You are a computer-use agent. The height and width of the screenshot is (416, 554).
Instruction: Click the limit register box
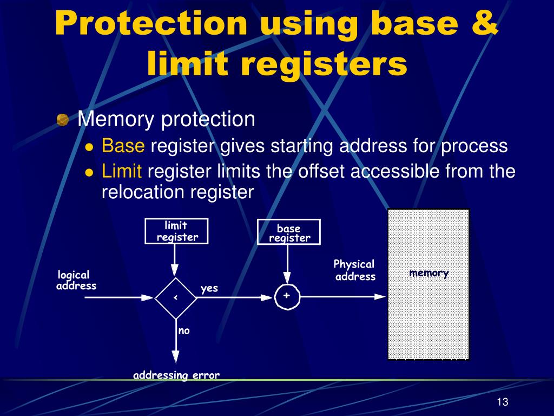[177, 231]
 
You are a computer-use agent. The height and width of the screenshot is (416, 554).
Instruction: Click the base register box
[289, 233]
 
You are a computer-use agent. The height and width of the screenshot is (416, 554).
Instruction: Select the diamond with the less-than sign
[175, 297]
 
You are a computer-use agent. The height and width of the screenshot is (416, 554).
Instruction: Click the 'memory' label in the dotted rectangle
[428, 273]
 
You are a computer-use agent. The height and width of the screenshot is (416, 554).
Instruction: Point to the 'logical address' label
[76, 281]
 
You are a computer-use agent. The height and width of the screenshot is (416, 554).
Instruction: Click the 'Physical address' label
[354, 270]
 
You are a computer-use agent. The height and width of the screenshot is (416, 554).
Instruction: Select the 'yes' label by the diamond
[209, 288]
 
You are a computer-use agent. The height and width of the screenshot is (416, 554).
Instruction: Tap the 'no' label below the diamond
[184, 330]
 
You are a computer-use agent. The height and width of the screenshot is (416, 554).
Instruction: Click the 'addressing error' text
[176, 375]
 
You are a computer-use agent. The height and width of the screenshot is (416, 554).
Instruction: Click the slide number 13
[502, 402]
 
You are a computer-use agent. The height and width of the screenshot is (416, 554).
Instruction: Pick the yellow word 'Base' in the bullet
[123, 146]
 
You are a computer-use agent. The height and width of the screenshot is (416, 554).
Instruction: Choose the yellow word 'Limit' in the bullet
[122, 172]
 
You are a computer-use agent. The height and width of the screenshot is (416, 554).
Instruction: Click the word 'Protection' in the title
[151, 24]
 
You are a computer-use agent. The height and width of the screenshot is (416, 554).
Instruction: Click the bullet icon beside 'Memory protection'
[63, 120]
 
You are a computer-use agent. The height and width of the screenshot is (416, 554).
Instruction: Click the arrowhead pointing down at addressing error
[175, 356]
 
